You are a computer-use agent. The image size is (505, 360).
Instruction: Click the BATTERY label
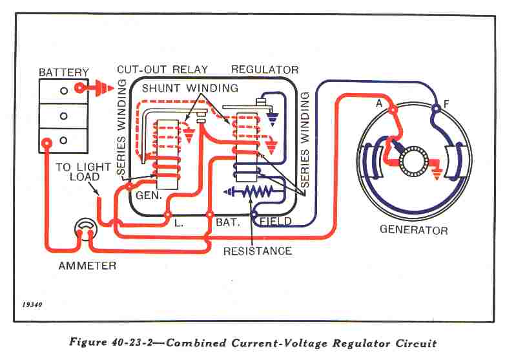63,72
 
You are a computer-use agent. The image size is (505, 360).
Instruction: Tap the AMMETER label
87,266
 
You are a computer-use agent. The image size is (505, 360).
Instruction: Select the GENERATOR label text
413,230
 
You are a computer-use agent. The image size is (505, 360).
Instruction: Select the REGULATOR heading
265,70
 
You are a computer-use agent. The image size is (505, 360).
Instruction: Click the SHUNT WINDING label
190,88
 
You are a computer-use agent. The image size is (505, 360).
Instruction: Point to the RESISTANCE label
257,251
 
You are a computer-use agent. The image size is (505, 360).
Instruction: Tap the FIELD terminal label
275,222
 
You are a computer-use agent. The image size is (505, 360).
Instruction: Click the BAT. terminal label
229,222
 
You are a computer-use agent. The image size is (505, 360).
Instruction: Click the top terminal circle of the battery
63,91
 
